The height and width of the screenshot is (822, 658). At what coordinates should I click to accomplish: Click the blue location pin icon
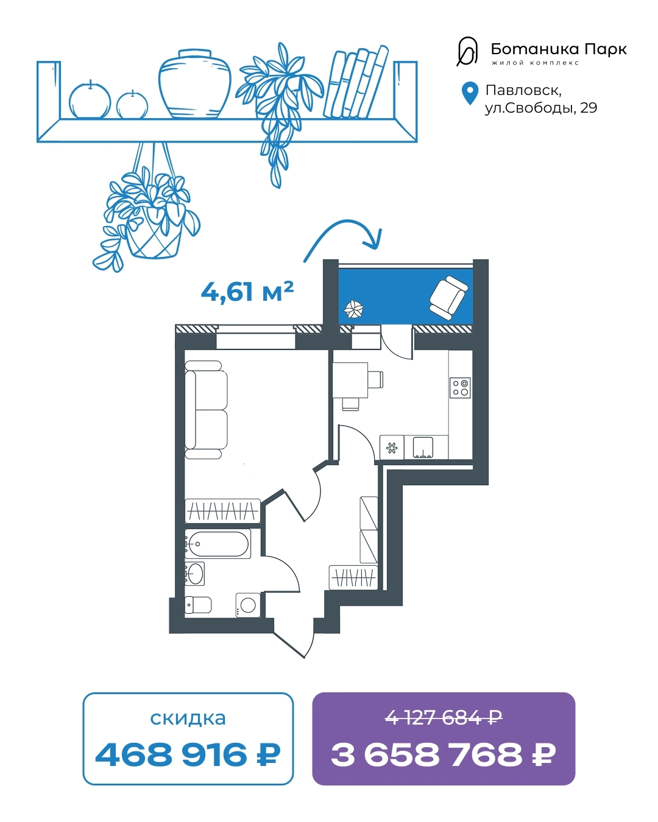469,93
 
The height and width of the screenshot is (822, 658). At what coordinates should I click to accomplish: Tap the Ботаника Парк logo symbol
467,51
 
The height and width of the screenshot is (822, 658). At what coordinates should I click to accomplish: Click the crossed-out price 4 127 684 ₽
443,718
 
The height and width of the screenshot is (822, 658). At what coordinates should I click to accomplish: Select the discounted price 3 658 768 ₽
443,755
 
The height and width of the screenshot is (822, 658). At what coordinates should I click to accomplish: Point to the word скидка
188,718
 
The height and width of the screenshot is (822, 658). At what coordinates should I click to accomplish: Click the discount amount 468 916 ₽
188,755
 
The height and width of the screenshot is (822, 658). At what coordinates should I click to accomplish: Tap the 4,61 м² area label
247,292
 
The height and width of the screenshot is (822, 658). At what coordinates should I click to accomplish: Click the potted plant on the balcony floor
353,309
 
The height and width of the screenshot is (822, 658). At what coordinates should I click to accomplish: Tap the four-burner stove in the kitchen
460,388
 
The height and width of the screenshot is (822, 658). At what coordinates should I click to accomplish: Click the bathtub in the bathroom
218,544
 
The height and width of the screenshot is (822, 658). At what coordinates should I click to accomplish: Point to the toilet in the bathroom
198,605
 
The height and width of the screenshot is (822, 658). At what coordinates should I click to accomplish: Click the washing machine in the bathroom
248,605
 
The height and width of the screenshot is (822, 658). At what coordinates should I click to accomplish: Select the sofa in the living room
206,409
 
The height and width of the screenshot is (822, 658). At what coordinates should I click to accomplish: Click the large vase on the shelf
194,83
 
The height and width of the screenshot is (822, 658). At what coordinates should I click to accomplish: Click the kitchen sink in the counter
423,448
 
